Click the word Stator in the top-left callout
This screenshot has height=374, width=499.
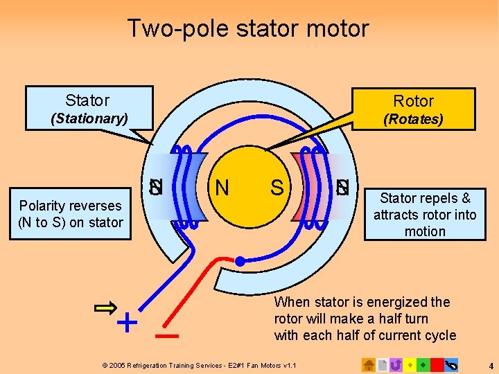click(x=87, y=100)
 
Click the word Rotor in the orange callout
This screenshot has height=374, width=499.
click(x=413, y=101)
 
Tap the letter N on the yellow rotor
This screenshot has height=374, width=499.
click(x=222, y=188)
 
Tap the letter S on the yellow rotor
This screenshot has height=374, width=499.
click(x=277, y=188)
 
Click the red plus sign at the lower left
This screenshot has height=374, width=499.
click(x=126, y=323)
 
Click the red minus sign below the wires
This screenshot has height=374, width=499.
click(x=167, y=337)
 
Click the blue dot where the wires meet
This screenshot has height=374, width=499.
click(x=240, y=261)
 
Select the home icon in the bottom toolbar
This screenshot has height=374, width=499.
click(x=369, y=364)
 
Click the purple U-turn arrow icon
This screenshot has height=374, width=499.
click(x=396, y=364)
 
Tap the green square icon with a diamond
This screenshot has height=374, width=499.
click(x=423, y=364)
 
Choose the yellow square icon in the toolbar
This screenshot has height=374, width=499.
click(x=410, y=364)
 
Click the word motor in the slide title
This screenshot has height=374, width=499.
click(x=340, y=28)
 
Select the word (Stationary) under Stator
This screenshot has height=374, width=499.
click(x=89, y=118)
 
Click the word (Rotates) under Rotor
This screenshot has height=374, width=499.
click(x=413, y=119)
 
